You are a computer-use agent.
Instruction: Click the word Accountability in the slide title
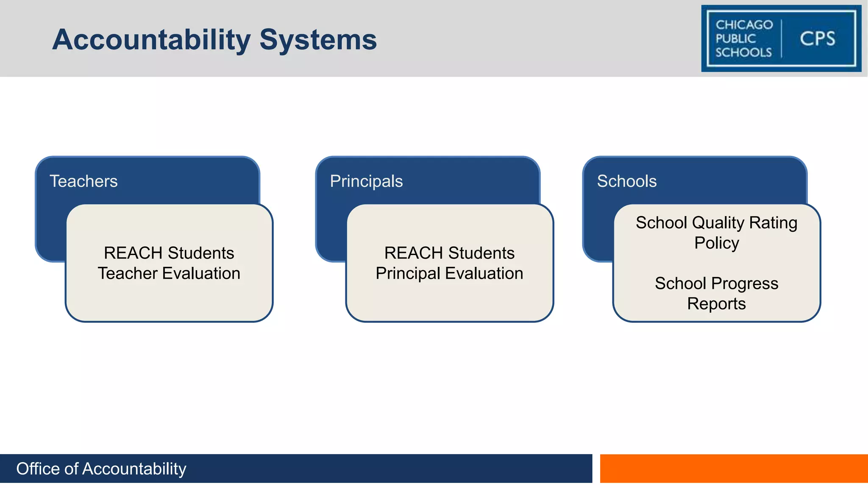click(x=151, y=40)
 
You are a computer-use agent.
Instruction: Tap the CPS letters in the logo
click(x=817, y=39)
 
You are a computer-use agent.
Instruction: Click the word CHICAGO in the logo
click(x=744, y=25)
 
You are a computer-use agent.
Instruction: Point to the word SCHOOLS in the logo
click(x=743, y=52)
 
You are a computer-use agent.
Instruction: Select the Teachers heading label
click(x=83, y=181)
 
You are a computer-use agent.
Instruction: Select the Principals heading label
click(x=366, y=181)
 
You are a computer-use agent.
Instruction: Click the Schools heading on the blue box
click(x=626, y=181)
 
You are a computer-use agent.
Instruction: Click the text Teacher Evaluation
click(x=169, y=274)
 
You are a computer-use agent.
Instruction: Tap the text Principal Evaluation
click(x=449, y=274)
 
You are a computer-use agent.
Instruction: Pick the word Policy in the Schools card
click(x=716, y=243)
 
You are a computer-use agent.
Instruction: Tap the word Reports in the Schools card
click(x=716, y=304)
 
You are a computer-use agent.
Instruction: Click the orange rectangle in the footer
click(x=734, y=468)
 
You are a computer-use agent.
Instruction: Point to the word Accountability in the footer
click(x=134, y=469)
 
